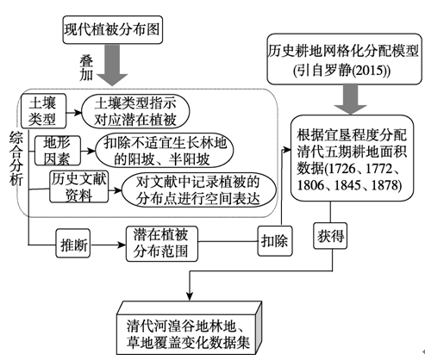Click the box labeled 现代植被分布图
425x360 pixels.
coord(113,30)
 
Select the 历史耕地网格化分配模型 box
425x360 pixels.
coord(344,59)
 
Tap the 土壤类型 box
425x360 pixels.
coord(43,111)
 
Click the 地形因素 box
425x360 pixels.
coord(58,151)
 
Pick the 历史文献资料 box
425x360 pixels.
coord(79,187)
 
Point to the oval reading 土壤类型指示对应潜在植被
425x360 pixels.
coord(135,112)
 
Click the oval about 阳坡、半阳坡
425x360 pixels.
coord(164,151)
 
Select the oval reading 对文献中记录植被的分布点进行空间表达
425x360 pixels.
coord(199,189)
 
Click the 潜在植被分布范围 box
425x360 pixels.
coord(162,244)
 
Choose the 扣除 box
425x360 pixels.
coord(275,241)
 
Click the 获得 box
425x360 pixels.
coord(330,236)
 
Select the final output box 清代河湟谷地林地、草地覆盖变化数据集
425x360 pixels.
coord(190,329)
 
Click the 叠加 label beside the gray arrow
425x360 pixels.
coord(86,67)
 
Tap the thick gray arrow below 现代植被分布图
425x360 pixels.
coord(112,65)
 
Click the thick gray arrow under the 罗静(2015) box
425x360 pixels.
coord(351,99)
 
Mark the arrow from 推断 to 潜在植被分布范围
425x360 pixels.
coord(108,245)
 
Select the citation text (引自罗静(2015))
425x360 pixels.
coord(342,71)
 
